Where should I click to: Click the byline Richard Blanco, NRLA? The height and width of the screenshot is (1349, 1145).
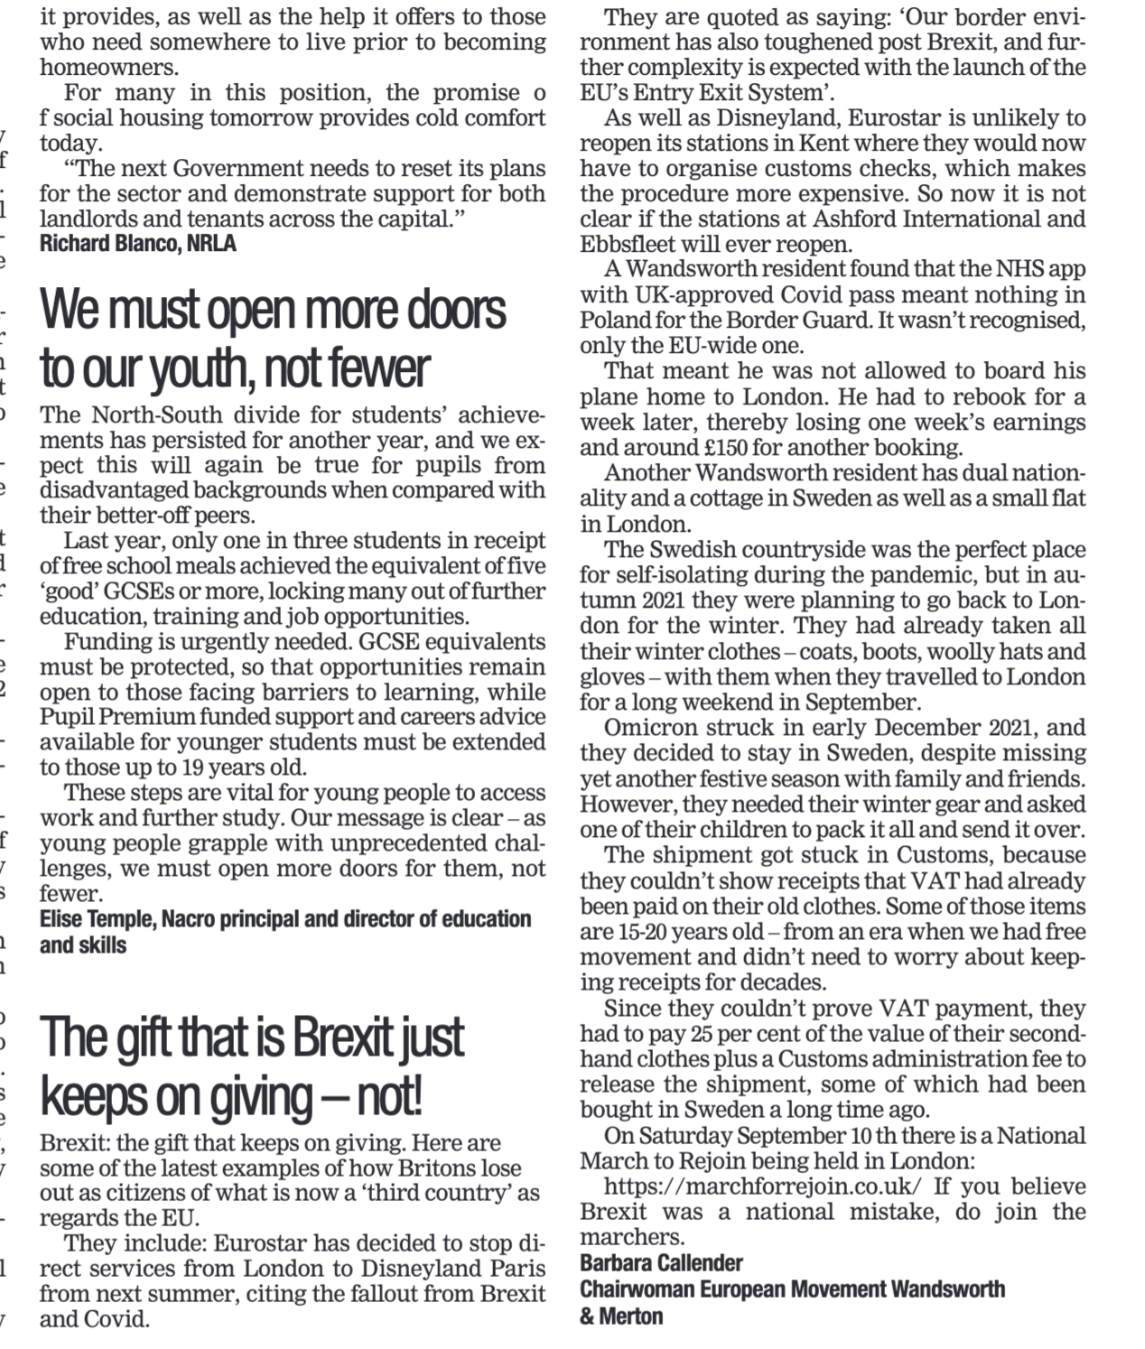click(x=137, y=244)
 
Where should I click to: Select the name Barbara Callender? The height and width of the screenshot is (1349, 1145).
click(x=661, y=1263)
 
